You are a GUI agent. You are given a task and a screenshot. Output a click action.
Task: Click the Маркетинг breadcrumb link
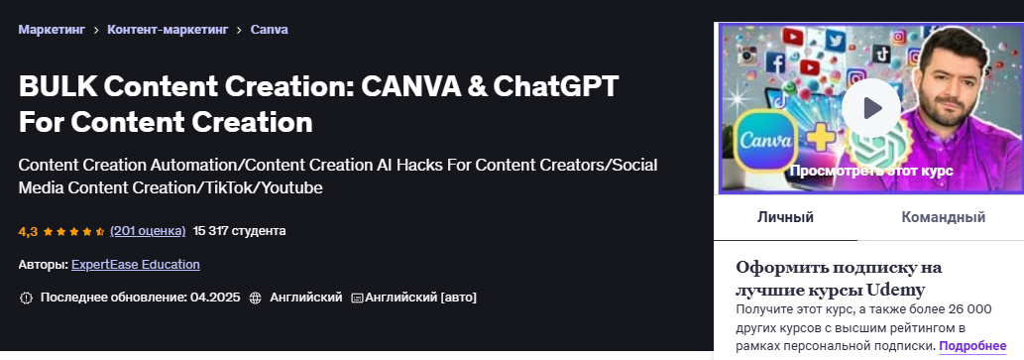tap(51, 30)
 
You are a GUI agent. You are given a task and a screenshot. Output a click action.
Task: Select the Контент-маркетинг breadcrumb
tap(164, 30)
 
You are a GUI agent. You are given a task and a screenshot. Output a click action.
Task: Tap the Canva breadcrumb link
tap(270, 30)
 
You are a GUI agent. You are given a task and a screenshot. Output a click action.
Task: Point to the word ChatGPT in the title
tap(550, 87)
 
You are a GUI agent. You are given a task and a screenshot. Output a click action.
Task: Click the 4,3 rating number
tap(28, 231)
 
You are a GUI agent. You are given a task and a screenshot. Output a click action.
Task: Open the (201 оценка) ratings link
tap(148, 231)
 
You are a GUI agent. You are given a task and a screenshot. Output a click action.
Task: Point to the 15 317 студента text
tap(239, 231)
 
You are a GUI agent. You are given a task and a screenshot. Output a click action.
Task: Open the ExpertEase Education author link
tap(136, 265)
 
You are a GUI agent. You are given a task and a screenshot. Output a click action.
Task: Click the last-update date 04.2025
tap(214, 298)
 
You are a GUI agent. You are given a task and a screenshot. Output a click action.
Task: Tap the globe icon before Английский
tap(256, 298)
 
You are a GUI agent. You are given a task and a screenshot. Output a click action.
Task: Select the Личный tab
tap(785, 217)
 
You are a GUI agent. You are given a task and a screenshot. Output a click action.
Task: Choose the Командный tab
tap(943, 217)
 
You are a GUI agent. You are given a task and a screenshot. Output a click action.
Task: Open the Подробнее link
tap(972, 346)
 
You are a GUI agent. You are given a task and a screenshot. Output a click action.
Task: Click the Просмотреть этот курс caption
tap(870, 171)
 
